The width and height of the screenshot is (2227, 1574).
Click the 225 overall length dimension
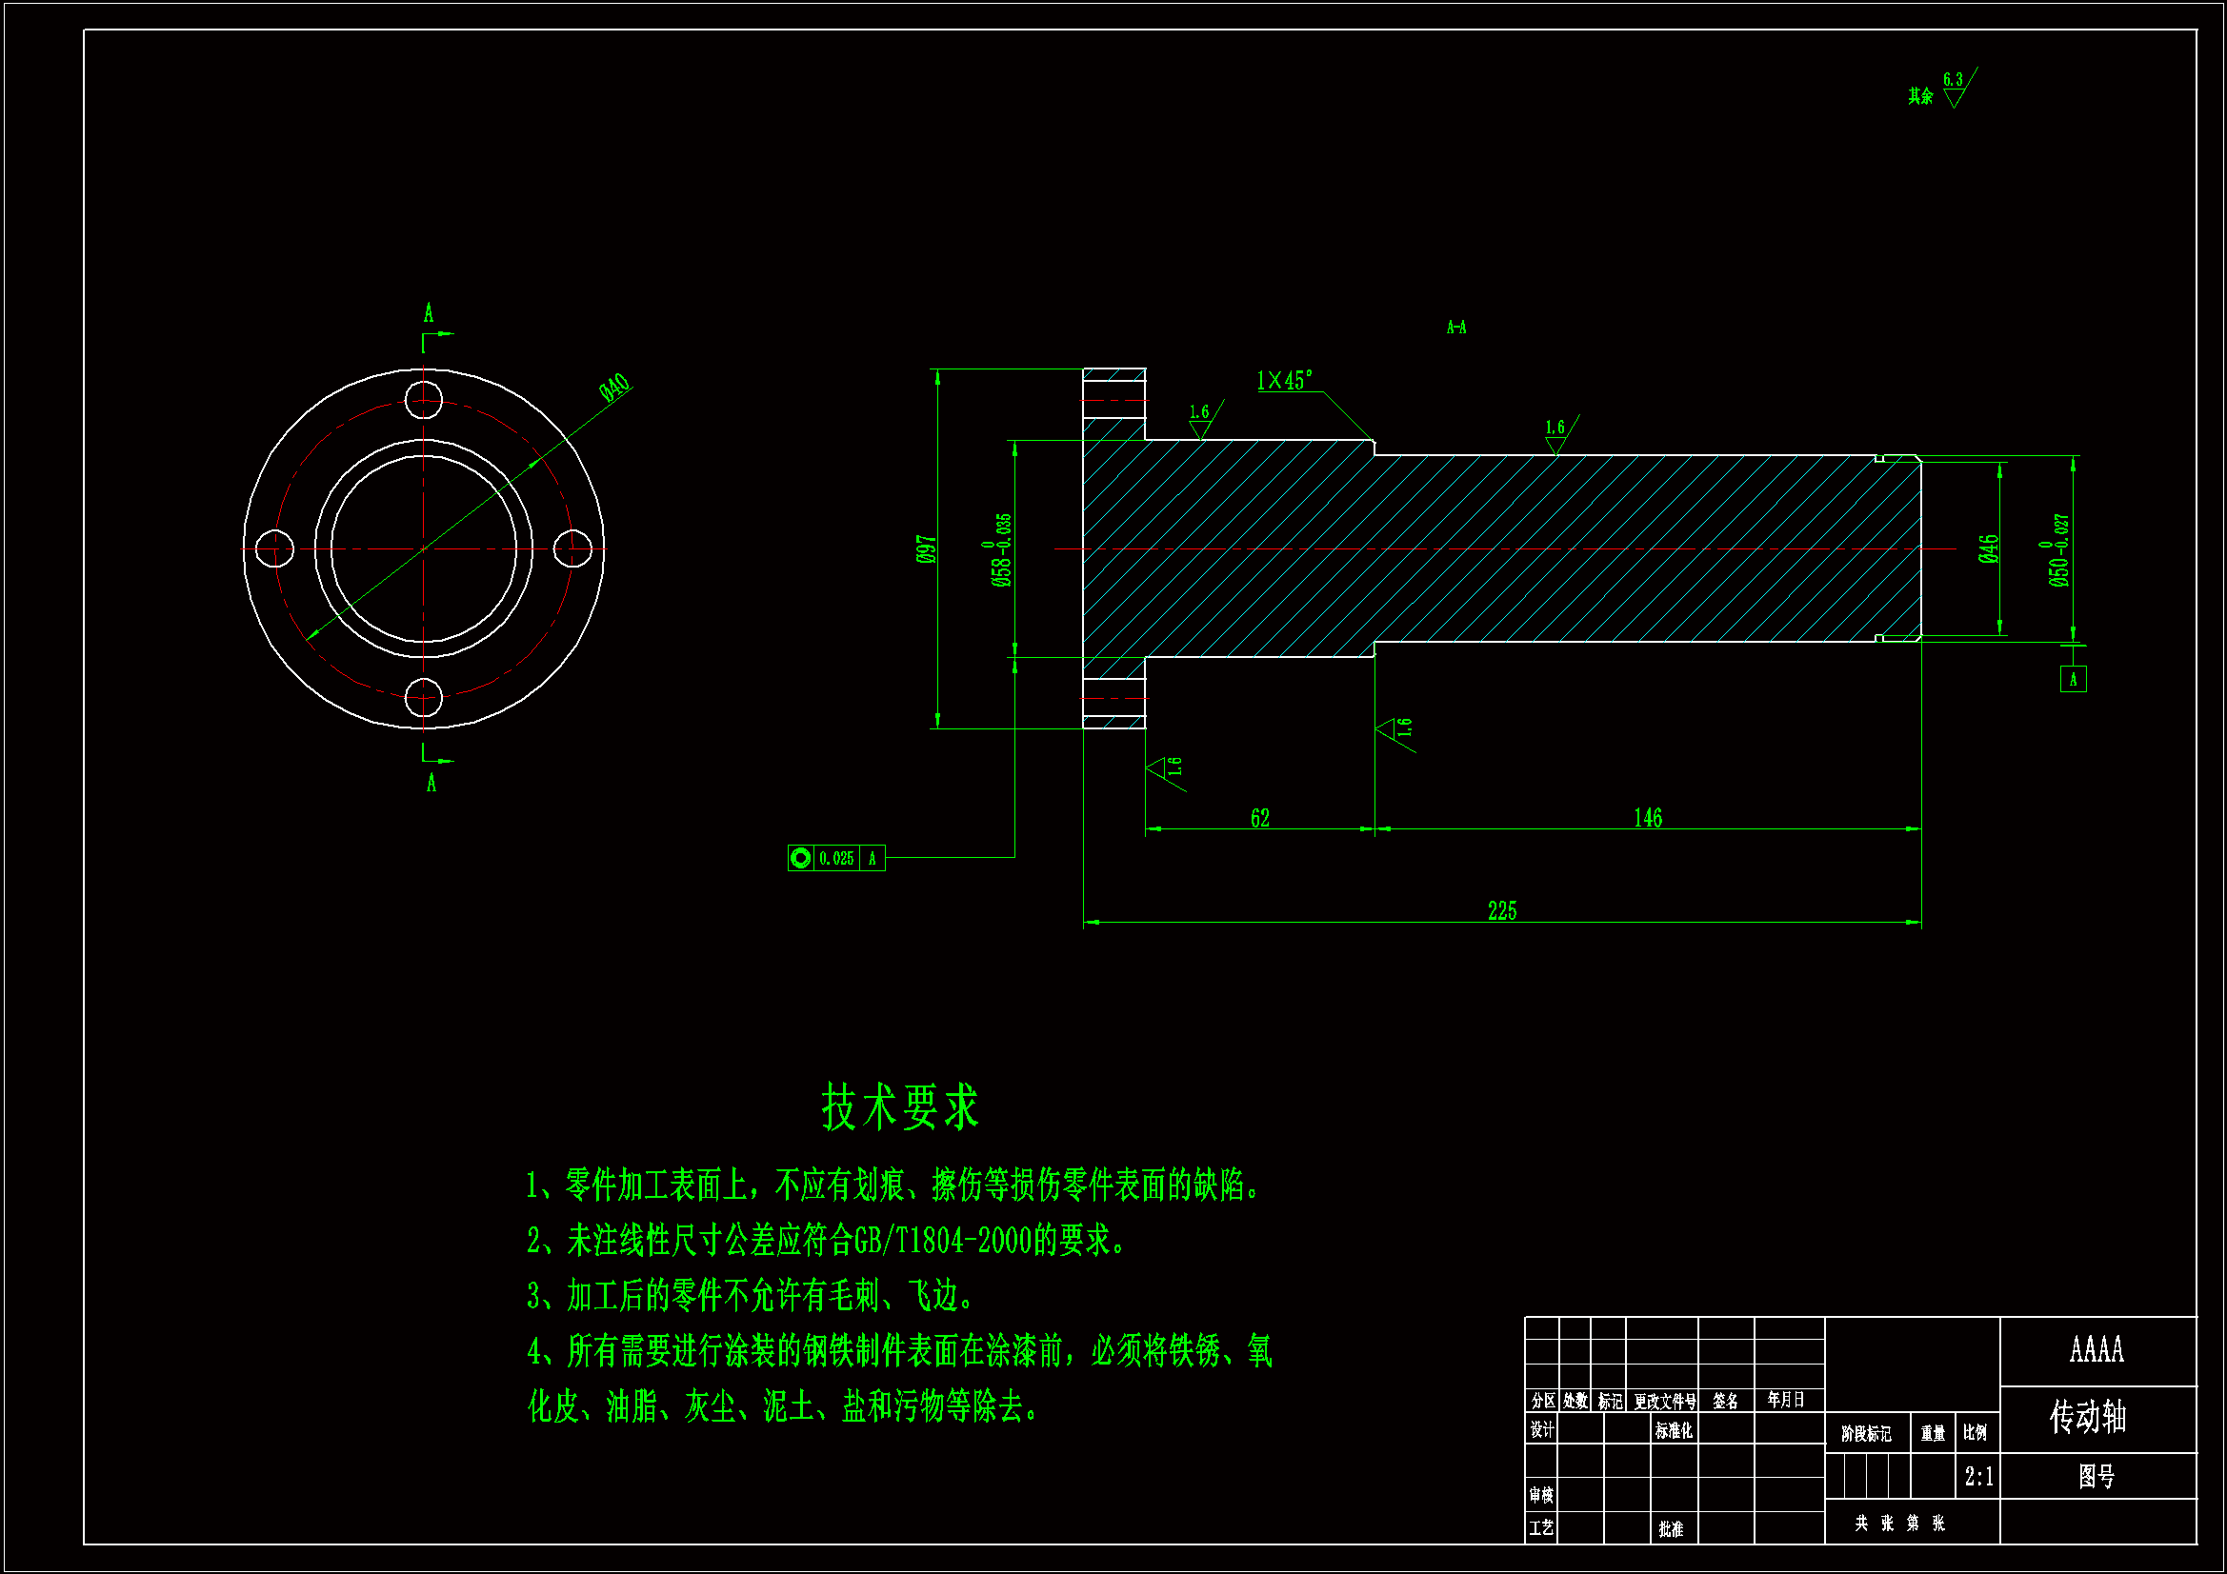[1501, 910]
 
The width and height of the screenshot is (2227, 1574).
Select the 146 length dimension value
[1647, 818]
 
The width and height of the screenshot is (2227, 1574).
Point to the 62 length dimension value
[1259, 818]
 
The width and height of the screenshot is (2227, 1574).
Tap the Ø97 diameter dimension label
[926, 548]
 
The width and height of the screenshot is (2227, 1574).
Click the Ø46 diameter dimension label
[1987, 548]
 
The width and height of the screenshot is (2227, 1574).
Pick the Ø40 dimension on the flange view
[615, 388]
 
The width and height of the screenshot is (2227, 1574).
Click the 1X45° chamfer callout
[1284, 380]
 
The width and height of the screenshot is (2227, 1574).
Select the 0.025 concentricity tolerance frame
[835, 858]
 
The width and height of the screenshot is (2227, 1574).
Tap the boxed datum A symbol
[2073, 679]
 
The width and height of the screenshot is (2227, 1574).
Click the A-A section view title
[1455, 328]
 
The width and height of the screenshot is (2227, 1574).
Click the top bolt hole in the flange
[423, 400]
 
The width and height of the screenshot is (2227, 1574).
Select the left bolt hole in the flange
[274, 548]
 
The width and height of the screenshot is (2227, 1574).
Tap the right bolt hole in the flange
[572, 548]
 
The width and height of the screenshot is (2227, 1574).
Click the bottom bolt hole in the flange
[423, 697]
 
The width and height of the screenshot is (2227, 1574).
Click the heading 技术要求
[899, 1106]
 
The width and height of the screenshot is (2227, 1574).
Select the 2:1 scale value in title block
[1978, 1476]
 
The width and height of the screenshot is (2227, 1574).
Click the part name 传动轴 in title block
[2087, 1417]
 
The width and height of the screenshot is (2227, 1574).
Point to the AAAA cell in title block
[2097, 1349]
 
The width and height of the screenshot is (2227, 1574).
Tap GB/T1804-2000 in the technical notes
[942, 1241]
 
